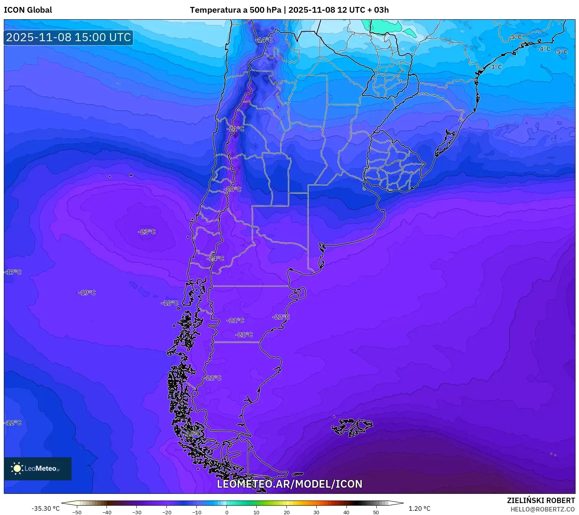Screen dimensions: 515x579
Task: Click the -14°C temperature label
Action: click(265, 40)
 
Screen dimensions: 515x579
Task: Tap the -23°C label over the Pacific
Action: click(147, 232)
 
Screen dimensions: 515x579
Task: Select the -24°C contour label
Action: click(215, 259)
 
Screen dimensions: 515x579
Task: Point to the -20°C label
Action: click(233, 189)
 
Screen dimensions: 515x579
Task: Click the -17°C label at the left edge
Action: click(13, 272)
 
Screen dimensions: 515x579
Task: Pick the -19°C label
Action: click(87, 293)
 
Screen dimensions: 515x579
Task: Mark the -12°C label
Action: click(13, 423)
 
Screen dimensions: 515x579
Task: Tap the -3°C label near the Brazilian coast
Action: click(495, 67)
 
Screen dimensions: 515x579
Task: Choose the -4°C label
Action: click(544, 49)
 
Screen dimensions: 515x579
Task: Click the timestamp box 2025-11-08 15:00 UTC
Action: click(68, 37)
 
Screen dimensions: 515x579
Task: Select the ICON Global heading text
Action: click(28, 10)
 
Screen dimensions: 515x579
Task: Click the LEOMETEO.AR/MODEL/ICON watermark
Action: click(289, 484)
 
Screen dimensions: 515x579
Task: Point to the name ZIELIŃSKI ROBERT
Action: click(541, 500)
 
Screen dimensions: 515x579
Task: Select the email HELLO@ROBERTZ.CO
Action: click(542, 509)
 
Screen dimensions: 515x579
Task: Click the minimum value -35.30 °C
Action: click(45, 508)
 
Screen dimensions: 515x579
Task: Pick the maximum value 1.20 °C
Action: click(419, 508)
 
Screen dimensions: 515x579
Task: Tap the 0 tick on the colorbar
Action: click(226, 512)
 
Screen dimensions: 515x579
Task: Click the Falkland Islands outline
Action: click(352, 426)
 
